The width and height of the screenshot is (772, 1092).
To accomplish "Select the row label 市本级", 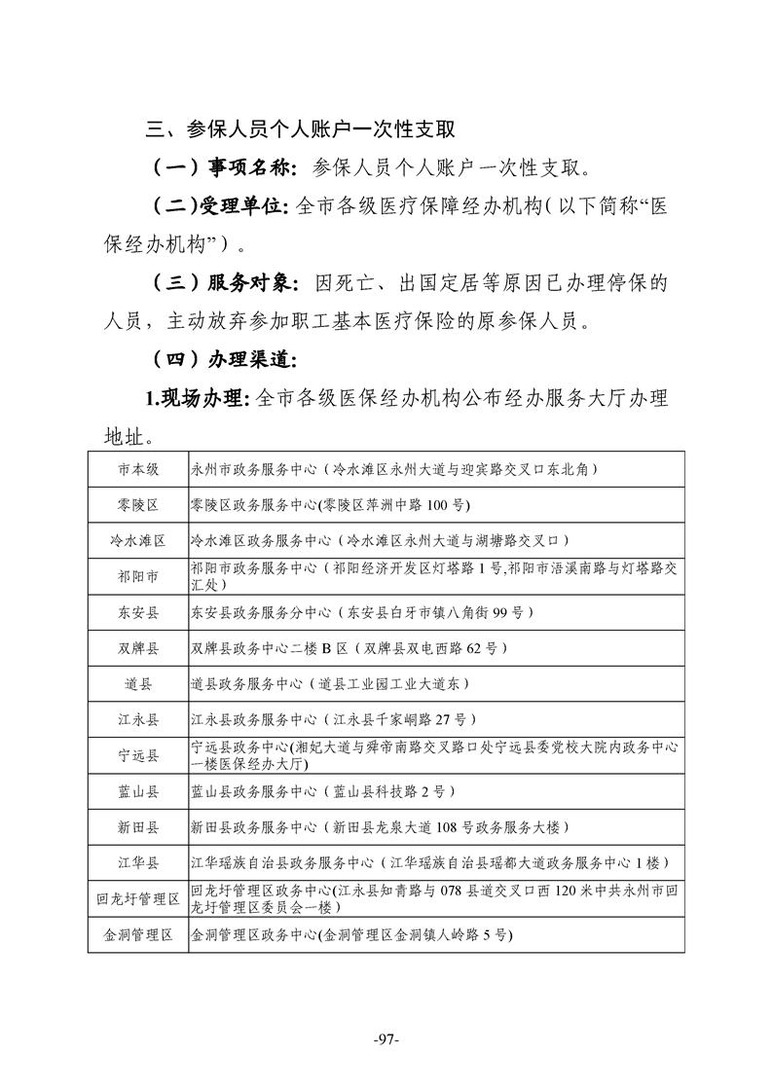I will pyautogui.click(x=138, y=469).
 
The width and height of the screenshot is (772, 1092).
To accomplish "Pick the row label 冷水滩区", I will pyautogui.click(x=138, y=540).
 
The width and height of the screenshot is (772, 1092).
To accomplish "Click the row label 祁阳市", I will pyautogui.click(x=138, y=576).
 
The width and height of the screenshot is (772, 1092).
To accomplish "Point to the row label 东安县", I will pyautogui.click(x=138, y=612).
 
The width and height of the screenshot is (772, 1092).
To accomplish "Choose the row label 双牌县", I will pyautogui.click(x=138, y=648).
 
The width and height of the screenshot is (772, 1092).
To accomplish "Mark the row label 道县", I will pyautogui.click(x=138, y=683).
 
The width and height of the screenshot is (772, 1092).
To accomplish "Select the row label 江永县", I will pyautogui.click(x=138, y=719).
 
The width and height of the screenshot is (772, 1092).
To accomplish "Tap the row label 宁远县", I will pyautogui.click(x=138, y=755).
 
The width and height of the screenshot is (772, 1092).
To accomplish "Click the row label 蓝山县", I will pyautogui.click(x=138, y=791).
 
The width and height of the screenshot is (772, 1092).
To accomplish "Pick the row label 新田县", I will pyautogui.click(x=138, y=827).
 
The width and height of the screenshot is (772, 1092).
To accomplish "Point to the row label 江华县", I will pyautogui.click(x=138, y=862).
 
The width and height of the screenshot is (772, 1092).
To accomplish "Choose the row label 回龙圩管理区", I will pyautogui.click(x=138, y=898).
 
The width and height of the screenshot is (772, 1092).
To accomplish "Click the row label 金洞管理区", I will pyautogui.click(x=138, y=934).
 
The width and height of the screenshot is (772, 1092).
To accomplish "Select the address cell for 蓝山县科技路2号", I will pyautogui.click(x=322, y=791).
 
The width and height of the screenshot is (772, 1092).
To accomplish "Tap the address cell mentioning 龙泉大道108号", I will pyautogui.click(x=380, y=827).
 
